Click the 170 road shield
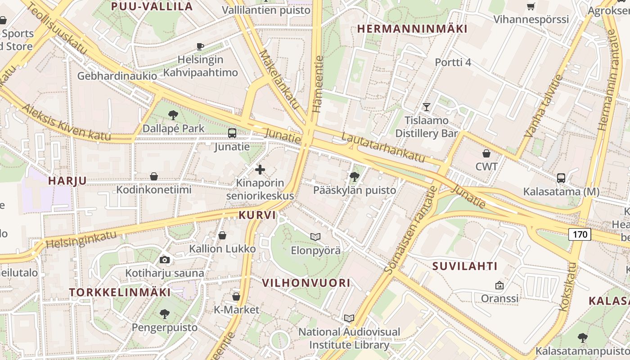580,234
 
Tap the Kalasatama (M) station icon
561,178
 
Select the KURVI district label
257,215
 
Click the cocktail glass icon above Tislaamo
427,107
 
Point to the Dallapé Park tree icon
173,115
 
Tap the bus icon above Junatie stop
232,133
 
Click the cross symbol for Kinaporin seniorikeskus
260,170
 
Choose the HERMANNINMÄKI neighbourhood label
412,29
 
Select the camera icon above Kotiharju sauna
165,260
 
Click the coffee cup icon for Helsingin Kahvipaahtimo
200,46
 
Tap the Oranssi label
499,298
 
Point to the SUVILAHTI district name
465,266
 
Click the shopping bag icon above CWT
486,153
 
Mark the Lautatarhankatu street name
383,147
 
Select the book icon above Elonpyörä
315,237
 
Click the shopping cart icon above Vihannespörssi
531,6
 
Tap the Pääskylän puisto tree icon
355,176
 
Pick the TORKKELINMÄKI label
120,292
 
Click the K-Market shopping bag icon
236,297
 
